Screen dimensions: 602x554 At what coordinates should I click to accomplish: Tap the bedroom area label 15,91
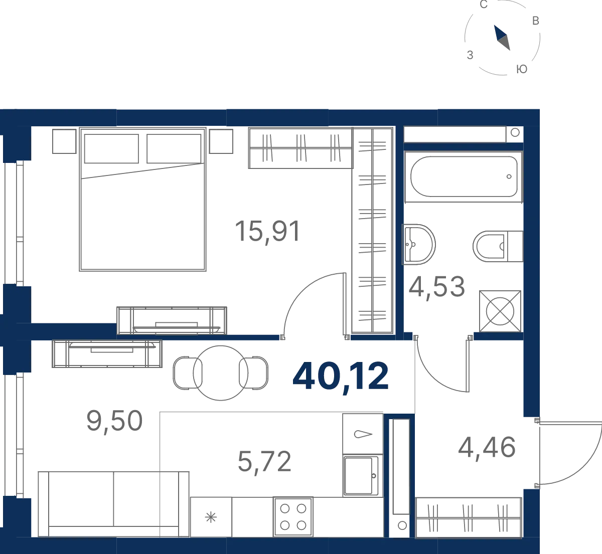[267, 231]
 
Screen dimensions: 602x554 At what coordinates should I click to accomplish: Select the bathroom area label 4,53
[436, 287]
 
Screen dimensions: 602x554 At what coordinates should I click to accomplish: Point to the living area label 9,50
[114, 422]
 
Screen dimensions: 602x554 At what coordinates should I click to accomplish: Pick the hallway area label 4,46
[487, 448]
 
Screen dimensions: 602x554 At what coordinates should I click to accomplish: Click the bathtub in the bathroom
[464, 176]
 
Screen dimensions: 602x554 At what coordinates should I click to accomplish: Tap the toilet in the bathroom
[498, 246]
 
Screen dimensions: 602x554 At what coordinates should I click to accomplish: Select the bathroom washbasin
[418, 245]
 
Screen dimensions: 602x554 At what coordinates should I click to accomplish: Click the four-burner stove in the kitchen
[293, 517]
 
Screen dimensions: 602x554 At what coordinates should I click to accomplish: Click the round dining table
[221, 373]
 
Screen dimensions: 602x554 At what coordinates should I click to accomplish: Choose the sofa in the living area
[113, 504]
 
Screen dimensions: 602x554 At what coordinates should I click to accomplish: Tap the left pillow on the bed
[111, 149]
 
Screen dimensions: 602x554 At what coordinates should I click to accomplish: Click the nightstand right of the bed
[221, 141]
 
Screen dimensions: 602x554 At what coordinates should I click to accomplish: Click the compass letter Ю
[522, 69]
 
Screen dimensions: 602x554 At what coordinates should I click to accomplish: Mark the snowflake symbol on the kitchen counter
[211, 517]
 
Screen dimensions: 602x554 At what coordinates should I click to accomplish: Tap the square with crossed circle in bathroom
[500, 311]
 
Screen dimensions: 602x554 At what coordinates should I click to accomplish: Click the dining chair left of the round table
[188, 373]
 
